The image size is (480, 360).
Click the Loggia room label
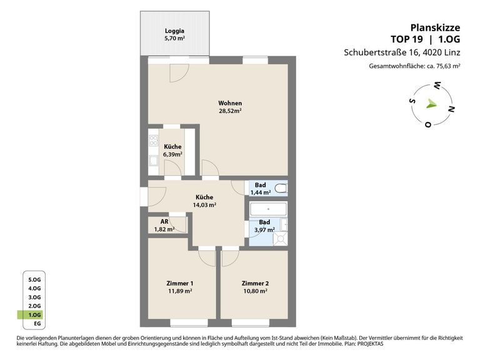(174, 31)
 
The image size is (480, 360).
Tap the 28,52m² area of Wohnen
(230, 111)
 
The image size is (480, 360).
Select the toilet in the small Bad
(281, 188)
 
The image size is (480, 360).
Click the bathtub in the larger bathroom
(269, 209)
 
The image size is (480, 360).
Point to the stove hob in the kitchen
(153, 141)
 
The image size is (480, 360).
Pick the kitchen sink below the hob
(153, 161)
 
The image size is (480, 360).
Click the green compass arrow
(431, 104)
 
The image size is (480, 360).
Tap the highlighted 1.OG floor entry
(34, 315)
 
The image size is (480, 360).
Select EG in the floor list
(37, 324)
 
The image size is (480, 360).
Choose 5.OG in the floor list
(34, 280)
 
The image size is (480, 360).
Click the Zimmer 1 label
(180, 284)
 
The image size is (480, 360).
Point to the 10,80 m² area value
(255, 291)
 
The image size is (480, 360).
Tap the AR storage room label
(164, 221)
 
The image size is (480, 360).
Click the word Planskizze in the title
(435, 27)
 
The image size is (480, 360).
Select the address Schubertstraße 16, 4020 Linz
(402, 52)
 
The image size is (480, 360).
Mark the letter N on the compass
(451, 109)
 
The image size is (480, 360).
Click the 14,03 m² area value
(204, 205)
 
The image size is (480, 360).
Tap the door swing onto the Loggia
(179, 73)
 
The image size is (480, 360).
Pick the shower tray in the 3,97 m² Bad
(281, 239)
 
